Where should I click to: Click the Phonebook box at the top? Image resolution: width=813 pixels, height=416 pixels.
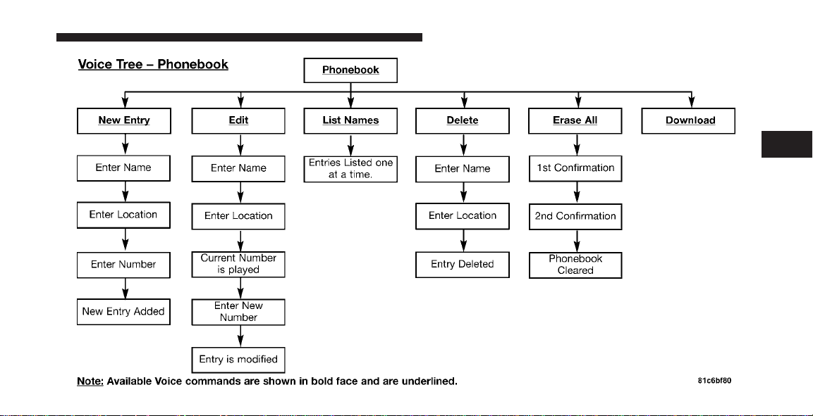coord(350,70)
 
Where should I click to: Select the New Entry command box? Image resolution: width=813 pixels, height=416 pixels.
coord(124,120)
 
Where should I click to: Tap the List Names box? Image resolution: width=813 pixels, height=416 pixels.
coord(350,120)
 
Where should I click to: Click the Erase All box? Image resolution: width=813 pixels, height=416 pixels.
coord(575,120)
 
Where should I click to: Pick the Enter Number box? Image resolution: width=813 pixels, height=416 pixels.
coord(123,265)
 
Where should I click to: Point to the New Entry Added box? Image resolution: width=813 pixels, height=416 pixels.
coord(123,312)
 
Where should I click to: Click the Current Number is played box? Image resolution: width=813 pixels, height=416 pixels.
coord(238,265)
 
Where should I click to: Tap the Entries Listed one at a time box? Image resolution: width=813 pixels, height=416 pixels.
coord(350,169)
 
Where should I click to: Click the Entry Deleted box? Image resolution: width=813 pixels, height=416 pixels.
coord(463,265)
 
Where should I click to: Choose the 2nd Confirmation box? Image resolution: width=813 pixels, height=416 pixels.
coord(575,217)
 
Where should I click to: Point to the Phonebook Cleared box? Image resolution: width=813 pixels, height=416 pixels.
coord(575,265)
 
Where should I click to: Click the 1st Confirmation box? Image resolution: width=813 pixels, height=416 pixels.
coord(575,169)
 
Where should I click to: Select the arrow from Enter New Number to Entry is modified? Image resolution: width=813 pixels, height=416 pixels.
coord(240,336)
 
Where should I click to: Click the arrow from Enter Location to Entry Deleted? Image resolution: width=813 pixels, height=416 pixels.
coord(463,241)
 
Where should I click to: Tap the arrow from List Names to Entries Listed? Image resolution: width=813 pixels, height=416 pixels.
coord(351,146)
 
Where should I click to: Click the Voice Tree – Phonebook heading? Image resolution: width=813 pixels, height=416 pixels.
coord(153,65)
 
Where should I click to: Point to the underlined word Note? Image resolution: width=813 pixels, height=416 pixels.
coord(90,382)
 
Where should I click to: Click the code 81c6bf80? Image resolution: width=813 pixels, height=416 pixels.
coord(714,382)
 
